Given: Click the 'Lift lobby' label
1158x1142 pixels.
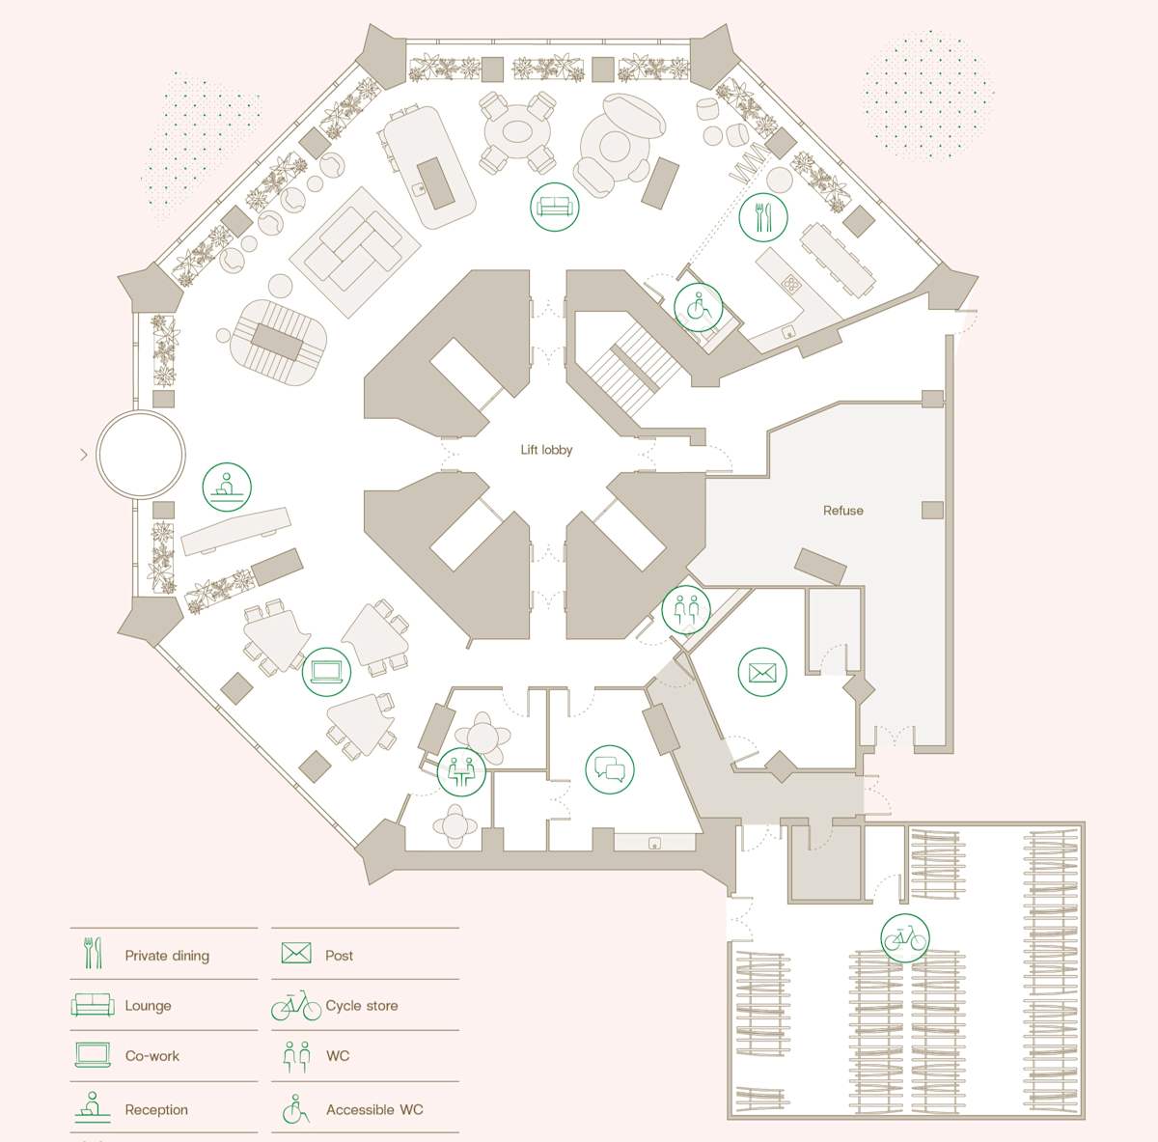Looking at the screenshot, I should pos(546,450).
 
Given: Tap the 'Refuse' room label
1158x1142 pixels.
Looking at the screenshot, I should pos(842,511).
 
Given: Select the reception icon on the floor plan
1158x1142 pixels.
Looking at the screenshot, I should pos(227,487).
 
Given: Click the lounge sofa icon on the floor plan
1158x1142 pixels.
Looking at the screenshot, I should pos(554,207).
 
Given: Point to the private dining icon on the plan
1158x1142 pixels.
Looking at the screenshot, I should pos(762,217).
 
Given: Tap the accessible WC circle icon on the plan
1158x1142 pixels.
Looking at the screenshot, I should pos(698,308).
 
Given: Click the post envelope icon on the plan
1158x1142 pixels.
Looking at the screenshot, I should pos(762,672).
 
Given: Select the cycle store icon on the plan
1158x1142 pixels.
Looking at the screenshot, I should pos(904,937).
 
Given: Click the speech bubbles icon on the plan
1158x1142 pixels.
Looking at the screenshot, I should pos(610,769).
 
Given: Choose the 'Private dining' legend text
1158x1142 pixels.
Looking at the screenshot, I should pos(167,956).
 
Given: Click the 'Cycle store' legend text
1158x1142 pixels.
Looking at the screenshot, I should pos(362,1006).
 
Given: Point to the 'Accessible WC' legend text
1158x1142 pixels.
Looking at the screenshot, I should pos(374,1110).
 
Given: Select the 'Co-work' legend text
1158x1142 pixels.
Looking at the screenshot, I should pos(152,1056).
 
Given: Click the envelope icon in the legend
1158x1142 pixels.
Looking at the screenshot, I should pos(296,954).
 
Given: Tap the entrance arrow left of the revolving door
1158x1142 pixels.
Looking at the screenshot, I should pos(84,454).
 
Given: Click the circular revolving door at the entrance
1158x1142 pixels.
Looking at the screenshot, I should pos(141,454).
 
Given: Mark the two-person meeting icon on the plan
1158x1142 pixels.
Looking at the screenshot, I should pos(461,770).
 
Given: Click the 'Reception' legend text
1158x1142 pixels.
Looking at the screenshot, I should pos(156,1110).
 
